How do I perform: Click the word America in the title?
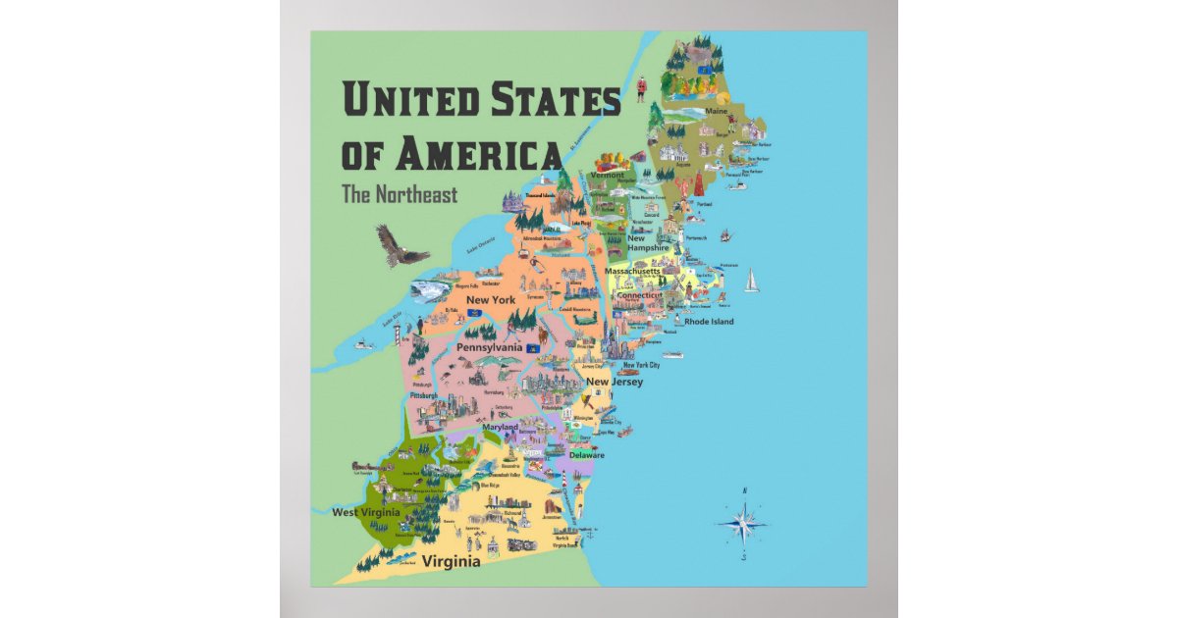pyautogui.click(x=479, y=154)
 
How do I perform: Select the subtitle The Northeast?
pyautogui.click(x=400, y=194)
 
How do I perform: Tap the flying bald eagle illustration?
pyautogui.click(x=402, y=244)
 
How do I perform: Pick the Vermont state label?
pyautogui.click(x=607, y=175)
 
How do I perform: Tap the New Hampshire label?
pyautogui.click(x=649, y=243)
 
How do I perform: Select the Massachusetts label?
pyautogui.click(x=634, y=271)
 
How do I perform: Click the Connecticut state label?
pyautogui.click(x=640, y=294)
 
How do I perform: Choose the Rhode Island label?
pyautogui.click(x=709, y=321)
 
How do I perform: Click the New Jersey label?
pyautogui.click(x=615, y=382)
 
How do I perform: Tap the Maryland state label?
pyautogui.click(x=501, y=428)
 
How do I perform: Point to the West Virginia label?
pyautogui.click(x=364, y=512)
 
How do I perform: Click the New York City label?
pyautogui.click(x=641, y=365)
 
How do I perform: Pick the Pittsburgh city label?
pyautogui.click(x=425, y=396)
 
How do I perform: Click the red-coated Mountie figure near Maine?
pyautogui.click(x=641, y=84)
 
